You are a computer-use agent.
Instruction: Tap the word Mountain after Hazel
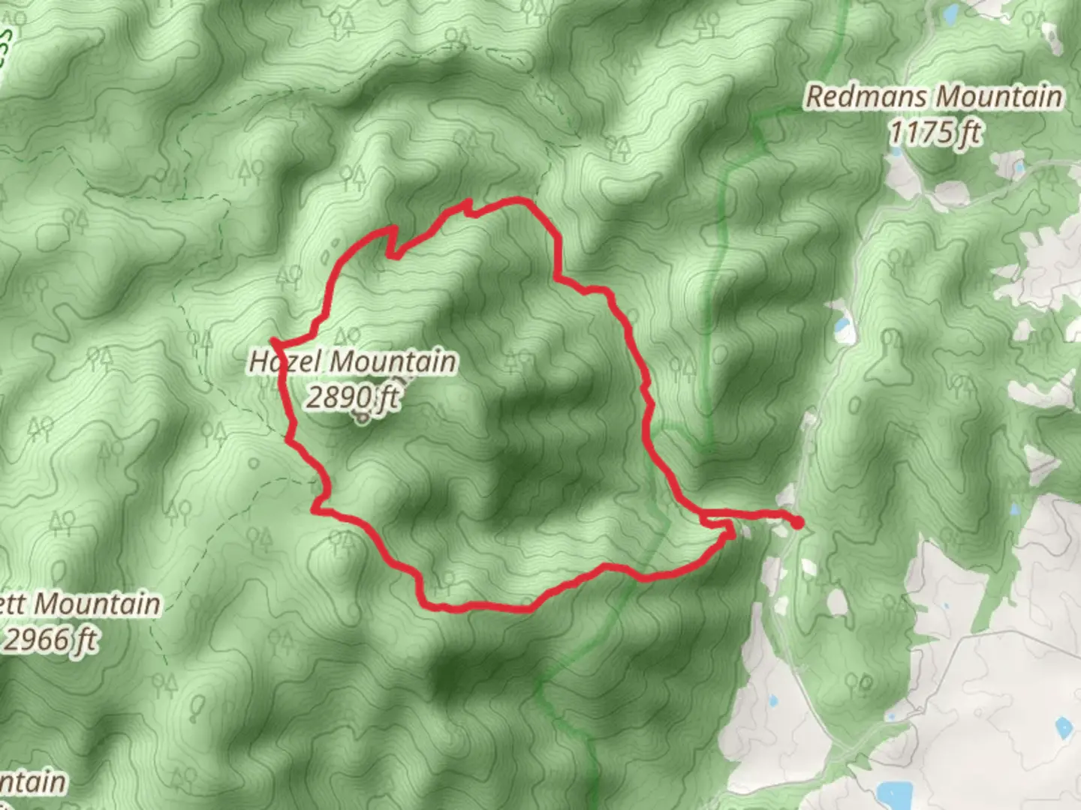coord(392,362)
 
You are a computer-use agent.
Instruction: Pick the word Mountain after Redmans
coord(998,97)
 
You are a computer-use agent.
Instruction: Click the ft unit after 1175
coord(969,133)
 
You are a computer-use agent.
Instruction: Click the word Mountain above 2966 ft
coord(98,604)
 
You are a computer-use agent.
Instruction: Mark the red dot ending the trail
coord(796,523)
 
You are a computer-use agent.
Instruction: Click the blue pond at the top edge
coord(950,12)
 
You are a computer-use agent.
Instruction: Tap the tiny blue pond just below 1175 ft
coord(896,152)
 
